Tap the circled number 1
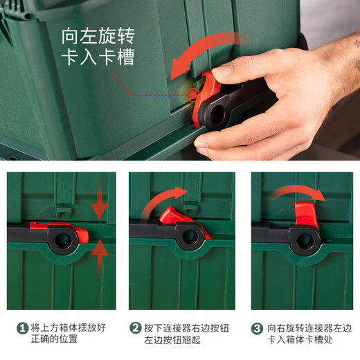pos(23,327)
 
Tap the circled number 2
pos(136,327)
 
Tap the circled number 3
pos(257,327)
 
